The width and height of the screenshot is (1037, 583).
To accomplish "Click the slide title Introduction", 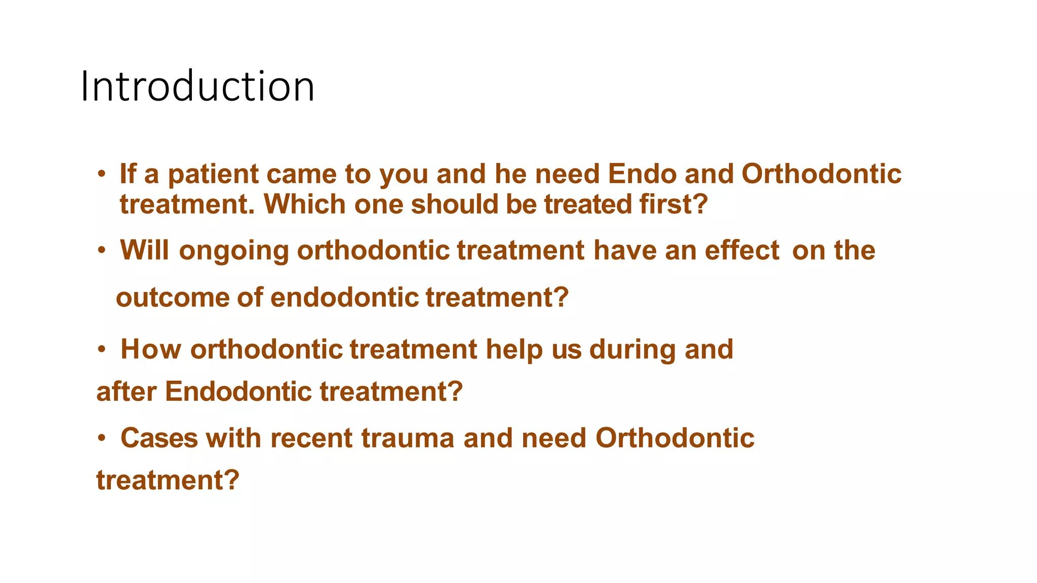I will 197,86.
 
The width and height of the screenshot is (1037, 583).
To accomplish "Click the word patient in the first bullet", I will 213,175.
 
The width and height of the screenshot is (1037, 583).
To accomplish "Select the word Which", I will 304,204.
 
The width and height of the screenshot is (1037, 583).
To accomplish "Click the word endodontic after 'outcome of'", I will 344,297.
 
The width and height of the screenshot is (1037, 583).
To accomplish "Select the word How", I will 150,349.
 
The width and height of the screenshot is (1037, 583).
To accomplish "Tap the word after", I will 126,392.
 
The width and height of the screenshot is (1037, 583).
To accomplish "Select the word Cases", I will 159,438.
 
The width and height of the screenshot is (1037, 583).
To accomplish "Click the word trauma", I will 408,438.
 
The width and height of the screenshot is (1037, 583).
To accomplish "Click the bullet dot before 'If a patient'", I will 102,175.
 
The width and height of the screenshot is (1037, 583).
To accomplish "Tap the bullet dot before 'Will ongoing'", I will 102,251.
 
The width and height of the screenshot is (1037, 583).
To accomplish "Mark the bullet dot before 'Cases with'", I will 102,438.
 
